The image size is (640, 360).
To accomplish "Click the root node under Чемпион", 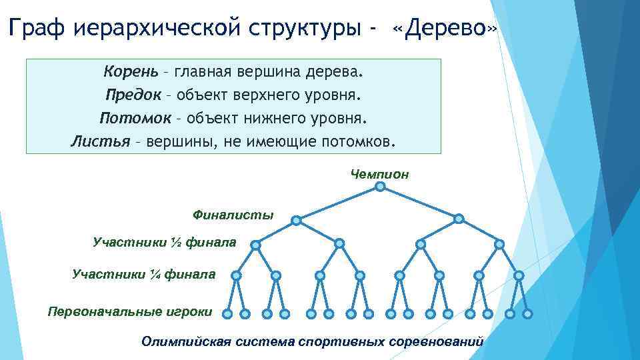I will pyautogui.click(x=380, y=187).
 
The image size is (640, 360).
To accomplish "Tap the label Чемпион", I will pyautogui.click(x=379, y=175).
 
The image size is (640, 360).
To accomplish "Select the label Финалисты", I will pyautogui.click(x=233, y=215).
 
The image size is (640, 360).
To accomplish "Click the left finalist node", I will pyautogui.click(x=297, y=219).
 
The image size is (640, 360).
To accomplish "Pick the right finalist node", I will pyautogui.click(x=459, y=219).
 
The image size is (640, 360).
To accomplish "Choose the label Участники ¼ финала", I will pyautogui.click(x=143, y=273).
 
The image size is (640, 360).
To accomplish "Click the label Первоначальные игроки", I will pyautogui.click(x=130, y=311).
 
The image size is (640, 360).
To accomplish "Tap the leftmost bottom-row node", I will pyautogui.click(x=227, y=313).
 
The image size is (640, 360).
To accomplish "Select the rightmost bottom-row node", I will pyautogui.click(x=528, y=313).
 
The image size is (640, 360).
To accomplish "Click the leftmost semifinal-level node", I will pyautogui.click(x=255, y=245).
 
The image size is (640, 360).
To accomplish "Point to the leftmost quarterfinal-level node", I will pyautogui.click(x=235, y=275).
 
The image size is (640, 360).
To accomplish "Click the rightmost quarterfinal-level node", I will pyautogui.click(x=519, y=275).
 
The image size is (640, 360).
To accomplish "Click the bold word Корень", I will pyautogui.click(x=131, y=71).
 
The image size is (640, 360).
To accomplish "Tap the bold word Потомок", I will pyautogui.click(x=131, y=118).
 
